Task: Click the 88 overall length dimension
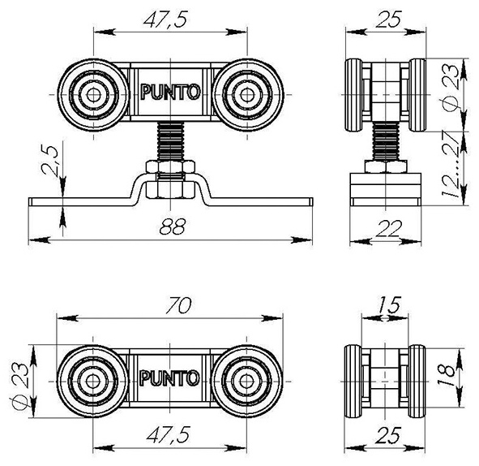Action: coord(173,227)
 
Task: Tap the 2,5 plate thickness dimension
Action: coord(49,160)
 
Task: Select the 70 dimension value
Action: coord(178,305)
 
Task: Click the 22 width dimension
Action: coord(389,229)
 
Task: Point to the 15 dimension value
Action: coord(388,304)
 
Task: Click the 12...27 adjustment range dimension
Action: coord(451,164)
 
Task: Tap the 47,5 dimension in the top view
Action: coord(165,20)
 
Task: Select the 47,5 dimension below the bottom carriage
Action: coord(169,434)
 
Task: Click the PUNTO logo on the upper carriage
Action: coord(170,92)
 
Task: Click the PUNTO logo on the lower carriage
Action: coord(169,378)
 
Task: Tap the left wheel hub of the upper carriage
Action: coord(93,95)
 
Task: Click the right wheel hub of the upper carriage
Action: coord(247,95)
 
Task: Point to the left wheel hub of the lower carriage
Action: coord(92,382)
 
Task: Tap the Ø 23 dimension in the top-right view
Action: coord(451,87)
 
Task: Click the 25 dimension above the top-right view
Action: coord(387,19)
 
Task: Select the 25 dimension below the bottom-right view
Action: coord(388,435)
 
